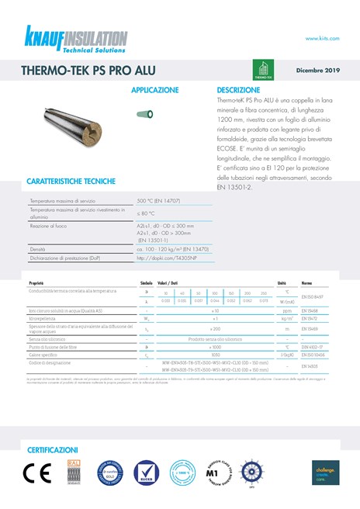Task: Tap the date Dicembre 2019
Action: tap(318, 71)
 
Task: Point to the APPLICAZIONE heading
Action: tap(154, 91)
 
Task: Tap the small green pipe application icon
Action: tap(144, 114)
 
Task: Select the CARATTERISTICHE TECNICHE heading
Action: tap(71, 182)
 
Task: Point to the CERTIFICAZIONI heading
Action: tap(53, 450)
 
